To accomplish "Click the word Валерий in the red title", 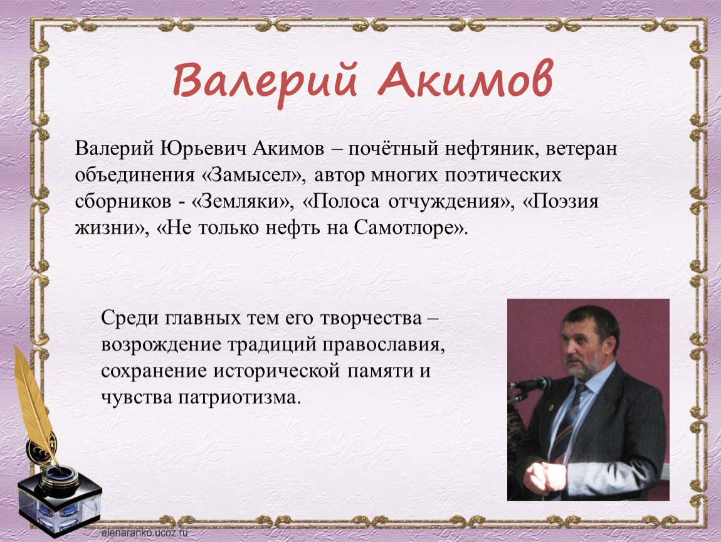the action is coord(265,83).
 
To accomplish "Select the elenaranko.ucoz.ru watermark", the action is coord(145,533).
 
